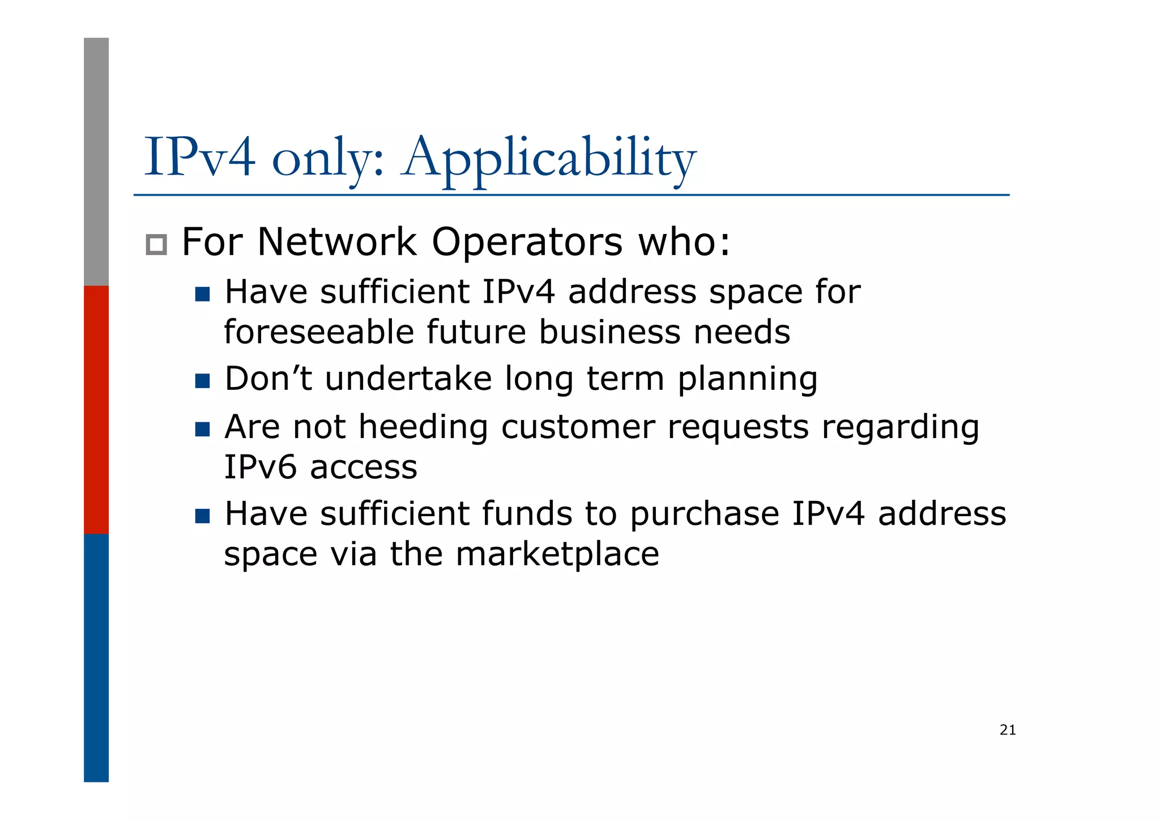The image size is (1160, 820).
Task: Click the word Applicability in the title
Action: pyautogui.click(x=548, y=159)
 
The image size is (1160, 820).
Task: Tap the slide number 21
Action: pyautogui.click(x=1008, y=730)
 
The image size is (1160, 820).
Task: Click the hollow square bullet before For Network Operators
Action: pyautogui.click(x=156, y=244)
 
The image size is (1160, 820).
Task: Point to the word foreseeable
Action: pyautogui.click(x=319, y=332)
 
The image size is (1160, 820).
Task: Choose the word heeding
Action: pyautogui.click(x=423, y=427)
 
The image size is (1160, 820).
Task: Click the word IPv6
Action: pyautogui.click(x=261, y=468)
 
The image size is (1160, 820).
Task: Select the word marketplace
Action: pyautogui.click(x=557, y=554)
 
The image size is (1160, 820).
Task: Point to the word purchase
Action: pyautogui.click(x=704, y=515)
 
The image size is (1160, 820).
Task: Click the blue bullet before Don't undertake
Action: pyautogui.click(x=202, y=380)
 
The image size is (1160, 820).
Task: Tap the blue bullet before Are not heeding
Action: pyautogui.click(x=202, y=429)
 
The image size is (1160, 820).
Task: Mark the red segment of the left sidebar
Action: pyautogui.click(x=96, y=409)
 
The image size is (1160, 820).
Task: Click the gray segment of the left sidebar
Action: pyautogui.click(x=96, y=162)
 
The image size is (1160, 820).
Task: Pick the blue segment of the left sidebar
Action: pyautogui.click(x=96, y=657)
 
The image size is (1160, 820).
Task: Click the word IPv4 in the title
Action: pyautogui.click(x=200, y=158)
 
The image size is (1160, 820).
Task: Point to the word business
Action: pyautogui.click(x=609, y=332)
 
